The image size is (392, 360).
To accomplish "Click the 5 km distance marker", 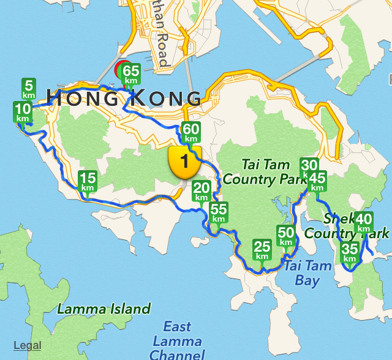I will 29,89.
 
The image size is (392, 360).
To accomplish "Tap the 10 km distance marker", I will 23,113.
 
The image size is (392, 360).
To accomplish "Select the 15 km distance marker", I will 88,182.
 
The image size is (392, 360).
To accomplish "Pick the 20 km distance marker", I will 202,191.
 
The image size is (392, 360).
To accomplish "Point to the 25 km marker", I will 262,250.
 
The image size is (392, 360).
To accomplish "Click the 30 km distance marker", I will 309,168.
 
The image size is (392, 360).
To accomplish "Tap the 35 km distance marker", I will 350,252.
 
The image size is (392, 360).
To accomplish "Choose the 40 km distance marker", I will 364,222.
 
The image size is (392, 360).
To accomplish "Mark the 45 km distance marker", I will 317,182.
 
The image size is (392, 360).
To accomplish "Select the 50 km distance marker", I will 286,236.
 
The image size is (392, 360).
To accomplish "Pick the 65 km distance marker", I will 130,74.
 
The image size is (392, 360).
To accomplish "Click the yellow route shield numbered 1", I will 184,162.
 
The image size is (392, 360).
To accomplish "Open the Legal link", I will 28,345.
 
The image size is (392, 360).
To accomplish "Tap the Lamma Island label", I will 104,309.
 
